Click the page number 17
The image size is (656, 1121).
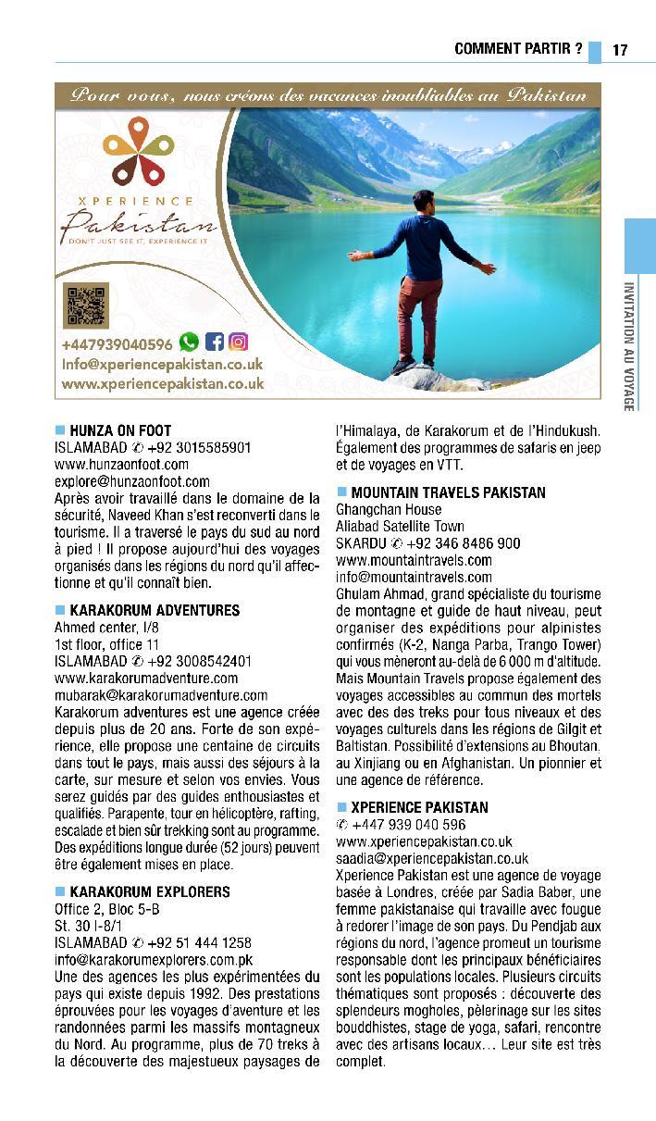tap(620, 50)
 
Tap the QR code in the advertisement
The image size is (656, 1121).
tap(85, 306)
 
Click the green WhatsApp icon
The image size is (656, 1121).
tap(189, 343)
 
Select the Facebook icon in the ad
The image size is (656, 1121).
tap(214, 343)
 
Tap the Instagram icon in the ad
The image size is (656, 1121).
tap(239, 343)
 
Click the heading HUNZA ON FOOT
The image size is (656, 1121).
tap(120, 430)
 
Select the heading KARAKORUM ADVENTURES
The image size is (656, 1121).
tap(155, 610)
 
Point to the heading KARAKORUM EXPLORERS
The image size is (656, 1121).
tap(150, 891)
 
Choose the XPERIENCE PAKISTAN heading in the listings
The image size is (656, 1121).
tap(419, 807)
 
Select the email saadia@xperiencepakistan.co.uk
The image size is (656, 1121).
tap(432, 858)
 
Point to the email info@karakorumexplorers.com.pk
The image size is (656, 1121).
tap(154, 959)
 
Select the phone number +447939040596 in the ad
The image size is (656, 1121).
tap(117, 344)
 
